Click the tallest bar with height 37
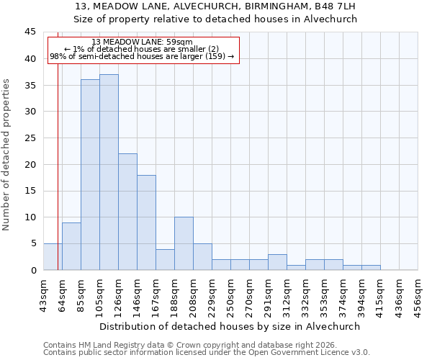click(x=109, y=172)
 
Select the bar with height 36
click(x=90, y=175)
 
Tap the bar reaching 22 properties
click(x=127, y=212)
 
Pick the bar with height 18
click(x=146, y=222)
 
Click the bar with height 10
click(x=184, y=243)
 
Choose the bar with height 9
click(x=71, y=246)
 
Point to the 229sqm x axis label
click(x=212, y=293)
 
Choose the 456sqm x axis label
click(x=418, y=293)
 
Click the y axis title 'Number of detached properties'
click(x=7, y=155)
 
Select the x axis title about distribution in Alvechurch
click(x=230, y=326)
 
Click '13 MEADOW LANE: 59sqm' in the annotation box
click(x=143, y=42)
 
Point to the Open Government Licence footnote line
click(x=207, y=352)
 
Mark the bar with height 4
click(x=165, y=259)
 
